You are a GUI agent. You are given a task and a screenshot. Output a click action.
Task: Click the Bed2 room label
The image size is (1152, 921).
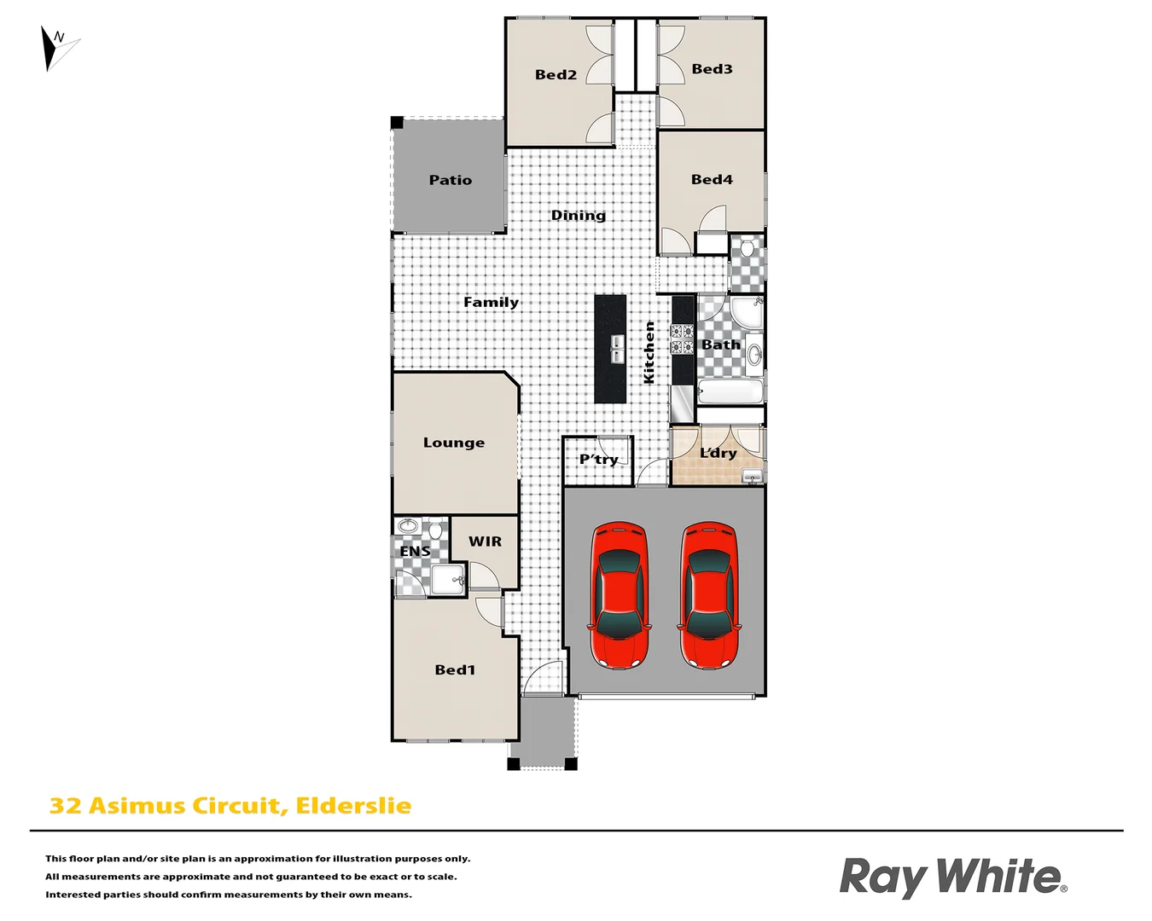click(556, 75)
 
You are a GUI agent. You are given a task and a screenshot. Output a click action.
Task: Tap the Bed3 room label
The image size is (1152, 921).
click(712, 69)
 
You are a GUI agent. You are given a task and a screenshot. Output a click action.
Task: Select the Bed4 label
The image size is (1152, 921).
click(712, 180)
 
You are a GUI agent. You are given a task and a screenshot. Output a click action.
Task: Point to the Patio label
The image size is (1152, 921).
click(450, 180)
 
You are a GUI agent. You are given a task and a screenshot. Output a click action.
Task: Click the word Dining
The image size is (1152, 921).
click(578, 216)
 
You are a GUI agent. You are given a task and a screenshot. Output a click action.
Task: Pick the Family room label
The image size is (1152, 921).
click(491, 303)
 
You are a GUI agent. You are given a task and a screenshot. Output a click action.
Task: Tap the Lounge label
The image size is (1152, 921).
click(453, 443)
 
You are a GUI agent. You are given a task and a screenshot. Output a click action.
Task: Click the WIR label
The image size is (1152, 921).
click(485, 542)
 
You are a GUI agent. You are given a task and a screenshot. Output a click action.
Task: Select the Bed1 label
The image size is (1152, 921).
click(455, 670)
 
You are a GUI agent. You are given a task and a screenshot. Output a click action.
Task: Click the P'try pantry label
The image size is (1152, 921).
click(598, 460)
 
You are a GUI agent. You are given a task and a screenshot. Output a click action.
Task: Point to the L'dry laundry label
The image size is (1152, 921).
click(718, 453)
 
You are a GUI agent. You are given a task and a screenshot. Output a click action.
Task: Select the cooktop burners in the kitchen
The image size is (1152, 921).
click(682, 339)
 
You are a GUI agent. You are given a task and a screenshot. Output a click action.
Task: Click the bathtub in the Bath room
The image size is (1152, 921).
click(730, 393)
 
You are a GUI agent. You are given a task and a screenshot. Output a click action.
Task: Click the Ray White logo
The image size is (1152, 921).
click(952, 878)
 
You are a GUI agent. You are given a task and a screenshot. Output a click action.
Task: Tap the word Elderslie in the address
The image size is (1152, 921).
click(353, 806)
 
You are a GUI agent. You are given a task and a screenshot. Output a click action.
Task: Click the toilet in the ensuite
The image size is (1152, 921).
click(435, 530)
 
